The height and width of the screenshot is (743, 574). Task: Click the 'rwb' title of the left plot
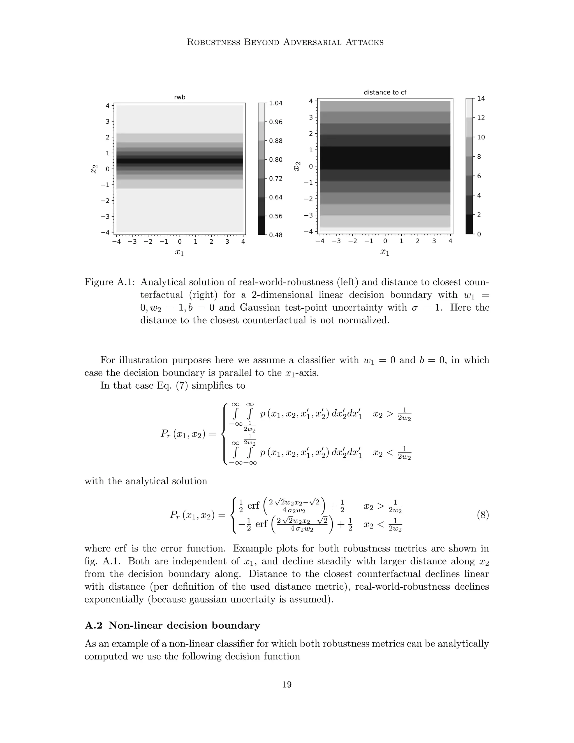coord(180,97)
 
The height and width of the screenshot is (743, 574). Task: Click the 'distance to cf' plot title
coord(385,92)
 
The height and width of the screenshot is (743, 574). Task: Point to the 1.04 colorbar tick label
coord(276,103)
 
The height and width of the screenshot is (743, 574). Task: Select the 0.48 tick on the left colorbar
coord(276,235)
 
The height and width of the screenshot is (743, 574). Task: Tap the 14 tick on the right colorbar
coord(481,99)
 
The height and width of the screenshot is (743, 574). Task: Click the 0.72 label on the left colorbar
coord(276,179)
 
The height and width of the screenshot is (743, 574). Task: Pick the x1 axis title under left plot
coord(180,252)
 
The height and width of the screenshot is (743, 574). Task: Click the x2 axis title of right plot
coord(297,166)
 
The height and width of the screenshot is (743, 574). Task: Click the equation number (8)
coord(483,515)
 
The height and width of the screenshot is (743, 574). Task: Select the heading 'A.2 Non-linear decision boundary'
coord(172,625)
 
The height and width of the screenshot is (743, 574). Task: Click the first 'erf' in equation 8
coord(253,506)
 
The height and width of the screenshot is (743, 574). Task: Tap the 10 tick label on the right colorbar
coord(481,137)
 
